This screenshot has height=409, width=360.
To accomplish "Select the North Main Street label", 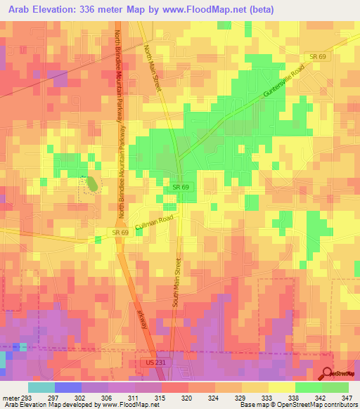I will pyautogui.click(x=153, y=67).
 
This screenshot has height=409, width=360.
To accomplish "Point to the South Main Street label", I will pyautogui.click(x=177, y=285).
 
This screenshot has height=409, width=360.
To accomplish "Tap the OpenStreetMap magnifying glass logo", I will pyautogui.click(x=326, y=373).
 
